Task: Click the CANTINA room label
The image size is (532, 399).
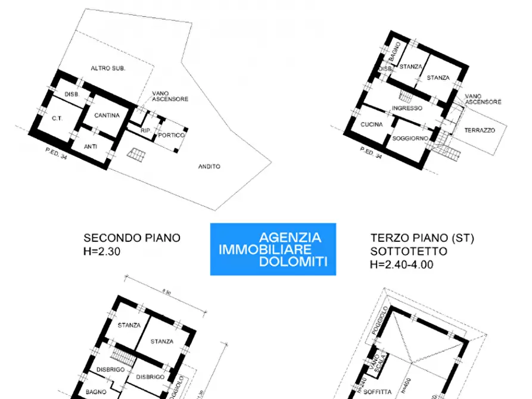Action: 107,116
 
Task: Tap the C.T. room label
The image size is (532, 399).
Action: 57,119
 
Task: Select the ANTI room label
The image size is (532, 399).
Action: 91,146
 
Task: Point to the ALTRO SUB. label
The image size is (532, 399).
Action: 108,68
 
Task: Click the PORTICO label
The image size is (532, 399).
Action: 172,136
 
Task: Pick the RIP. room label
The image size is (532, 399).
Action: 145,130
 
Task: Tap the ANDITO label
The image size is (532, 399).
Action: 209,167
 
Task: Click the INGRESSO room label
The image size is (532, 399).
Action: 407,108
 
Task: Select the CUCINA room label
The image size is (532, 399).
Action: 372,124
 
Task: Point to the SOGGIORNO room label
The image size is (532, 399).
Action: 410,139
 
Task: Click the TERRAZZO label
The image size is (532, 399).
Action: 480,130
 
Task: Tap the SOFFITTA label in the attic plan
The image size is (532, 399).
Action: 377,392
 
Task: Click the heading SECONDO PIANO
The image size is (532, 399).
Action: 132,238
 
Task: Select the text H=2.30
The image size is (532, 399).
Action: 102,251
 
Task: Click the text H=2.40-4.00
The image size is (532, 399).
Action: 402,264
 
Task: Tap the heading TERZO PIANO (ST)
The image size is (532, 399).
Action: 422,238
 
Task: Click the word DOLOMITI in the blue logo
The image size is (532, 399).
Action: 294,262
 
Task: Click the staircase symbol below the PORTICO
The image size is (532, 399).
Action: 136,155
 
